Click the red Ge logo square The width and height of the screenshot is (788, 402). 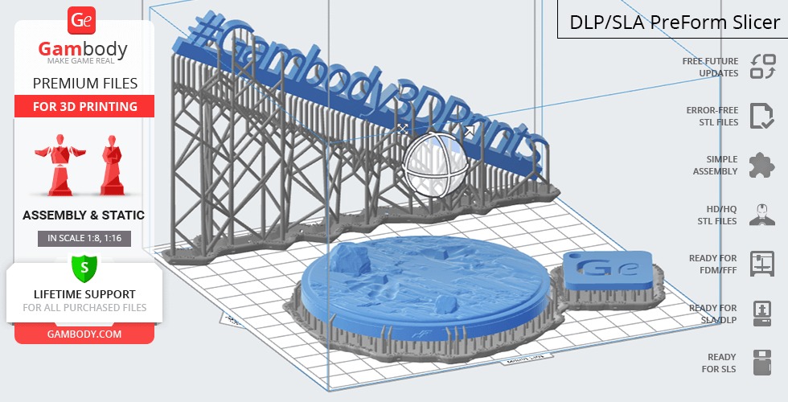(x=82, y=21)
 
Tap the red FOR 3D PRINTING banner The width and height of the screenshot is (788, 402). (x=84, y=106)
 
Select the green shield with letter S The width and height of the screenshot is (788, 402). (x=84, y=268)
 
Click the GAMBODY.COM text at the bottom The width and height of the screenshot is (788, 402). (x=84, y=334)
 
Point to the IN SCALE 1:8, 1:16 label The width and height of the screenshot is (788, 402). (x=84, y=238)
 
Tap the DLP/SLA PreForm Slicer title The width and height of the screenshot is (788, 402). (x=675, y=23)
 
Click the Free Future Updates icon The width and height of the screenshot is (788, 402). (x=762, y=67)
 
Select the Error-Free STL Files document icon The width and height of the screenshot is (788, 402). (x=762, y=116)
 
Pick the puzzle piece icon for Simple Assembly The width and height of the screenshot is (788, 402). (x=762, y=166)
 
